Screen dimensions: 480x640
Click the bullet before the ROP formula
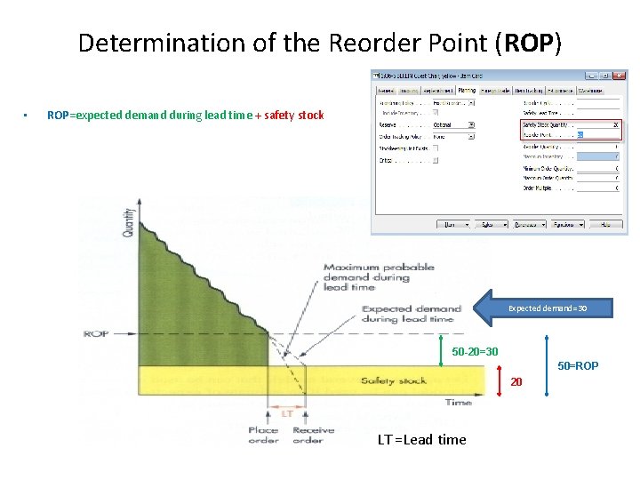tap(28, 116)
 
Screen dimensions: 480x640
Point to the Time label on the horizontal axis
tap(458, 402)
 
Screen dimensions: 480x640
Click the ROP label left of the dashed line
tap(96, 333)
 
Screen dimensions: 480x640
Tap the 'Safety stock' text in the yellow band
tap(394, 380)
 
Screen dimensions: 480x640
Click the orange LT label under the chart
tap(287, 413)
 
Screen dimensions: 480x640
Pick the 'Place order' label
tap(263, 435)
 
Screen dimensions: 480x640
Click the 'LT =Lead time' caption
tap(421, 439)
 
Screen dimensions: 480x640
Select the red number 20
tap(515, 382)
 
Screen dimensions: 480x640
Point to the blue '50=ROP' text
tap(578, 365)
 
